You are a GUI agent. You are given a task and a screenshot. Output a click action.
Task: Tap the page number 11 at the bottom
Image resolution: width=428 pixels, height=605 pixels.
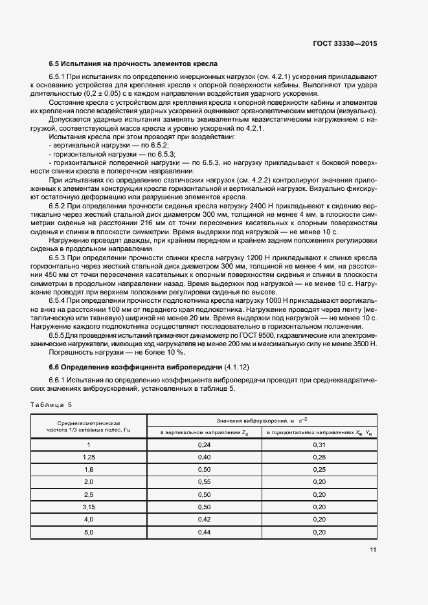click(x=372, y=549)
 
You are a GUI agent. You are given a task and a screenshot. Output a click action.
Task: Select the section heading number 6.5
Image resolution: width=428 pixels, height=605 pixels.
click(x=55, y=64)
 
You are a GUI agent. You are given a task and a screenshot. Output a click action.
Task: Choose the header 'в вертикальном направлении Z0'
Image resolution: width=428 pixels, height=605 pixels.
click(x=204, y=432)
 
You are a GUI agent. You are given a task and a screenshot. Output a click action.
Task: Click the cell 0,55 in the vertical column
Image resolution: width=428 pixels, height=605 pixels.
click(x=204, y=482)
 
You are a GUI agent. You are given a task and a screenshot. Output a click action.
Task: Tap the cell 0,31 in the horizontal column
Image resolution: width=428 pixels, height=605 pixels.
click(x=319, y=445)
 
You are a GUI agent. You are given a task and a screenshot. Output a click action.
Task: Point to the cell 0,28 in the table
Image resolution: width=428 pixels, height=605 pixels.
click(x=319, y=457)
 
